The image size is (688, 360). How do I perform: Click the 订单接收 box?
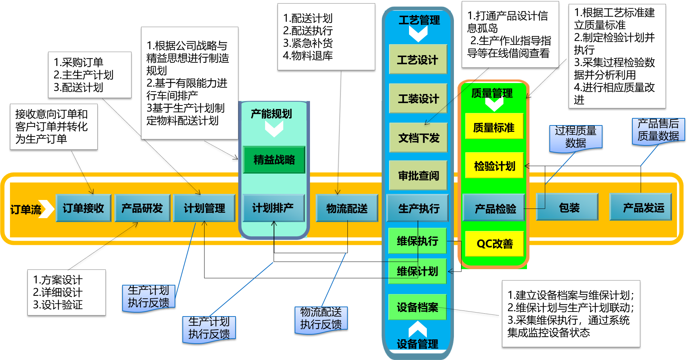[83, 208]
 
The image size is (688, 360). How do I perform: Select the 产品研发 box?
[142, 208]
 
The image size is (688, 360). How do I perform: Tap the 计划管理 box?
[204, 208]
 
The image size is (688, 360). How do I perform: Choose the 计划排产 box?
[273, 208]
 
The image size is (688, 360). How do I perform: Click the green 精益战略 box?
[274, 160]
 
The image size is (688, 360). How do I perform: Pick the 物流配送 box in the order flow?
[347, 208]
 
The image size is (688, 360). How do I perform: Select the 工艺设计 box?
[418, 60]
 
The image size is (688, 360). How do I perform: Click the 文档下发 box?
[418, 138]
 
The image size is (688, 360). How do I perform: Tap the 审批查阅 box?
[418, 175]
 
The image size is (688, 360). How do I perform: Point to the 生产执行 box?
[418, 208]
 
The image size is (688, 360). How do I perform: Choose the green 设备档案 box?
[417, 307]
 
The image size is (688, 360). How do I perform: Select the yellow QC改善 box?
[494, 243]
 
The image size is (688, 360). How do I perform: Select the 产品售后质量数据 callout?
[658, 130]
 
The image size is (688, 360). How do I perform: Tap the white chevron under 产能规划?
[274, 129]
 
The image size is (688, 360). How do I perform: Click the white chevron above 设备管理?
[418, 329]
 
